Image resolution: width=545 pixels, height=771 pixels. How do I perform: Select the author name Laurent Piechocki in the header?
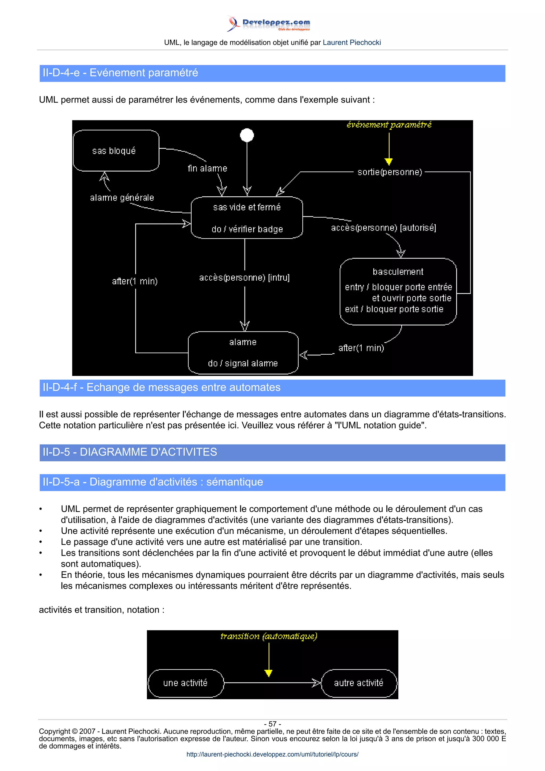coord(352,43)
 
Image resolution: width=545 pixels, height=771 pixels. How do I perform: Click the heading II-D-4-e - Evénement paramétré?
coord(120,73)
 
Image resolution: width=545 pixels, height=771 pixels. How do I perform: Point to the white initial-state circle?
coord(247,135)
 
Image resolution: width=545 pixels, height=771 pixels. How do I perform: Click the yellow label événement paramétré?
coord(389,125)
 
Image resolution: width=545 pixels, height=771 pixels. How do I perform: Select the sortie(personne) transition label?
coord(390,172)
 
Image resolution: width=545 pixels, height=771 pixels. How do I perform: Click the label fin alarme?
coord(207,168)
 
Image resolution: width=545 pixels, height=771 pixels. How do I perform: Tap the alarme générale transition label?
coord(122,197)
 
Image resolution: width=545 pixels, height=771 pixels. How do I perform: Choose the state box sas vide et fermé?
coord(247,218)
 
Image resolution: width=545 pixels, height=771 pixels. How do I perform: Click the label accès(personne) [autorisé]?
coord(383,228)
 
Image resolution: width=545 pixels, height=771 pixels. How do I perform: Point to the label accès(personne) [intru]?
coord(244,277)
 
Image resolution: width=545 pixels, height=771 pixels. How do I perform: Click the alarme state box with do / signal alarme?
coord(243,353)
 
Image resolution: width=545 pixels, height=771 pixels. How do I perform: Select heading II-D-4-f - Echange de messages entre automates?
coord(162,388)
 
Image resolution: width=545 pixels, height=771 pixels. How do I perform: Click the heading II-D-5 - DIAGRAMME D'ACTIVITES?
coord(130,452)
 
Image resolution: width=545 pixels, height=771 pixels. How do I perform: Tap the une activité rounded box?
coord(185,683)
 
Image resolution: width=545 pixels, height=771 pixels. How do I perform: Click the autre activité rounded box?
coord(359,683)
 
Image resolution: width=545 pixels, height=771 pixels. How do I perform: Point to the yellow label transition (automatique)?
coord(269,636)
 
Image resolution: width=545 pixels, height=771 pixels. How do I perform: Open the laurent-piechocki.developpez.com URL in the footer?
coord(272,754)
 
